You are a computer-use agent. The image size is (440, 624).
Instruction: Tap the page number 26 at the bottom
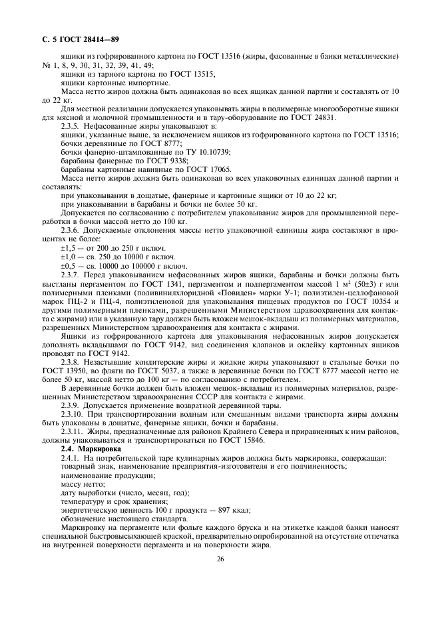(220, 559)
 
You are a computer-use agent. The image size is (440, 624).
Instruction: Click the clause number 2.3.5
(72, 125)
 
